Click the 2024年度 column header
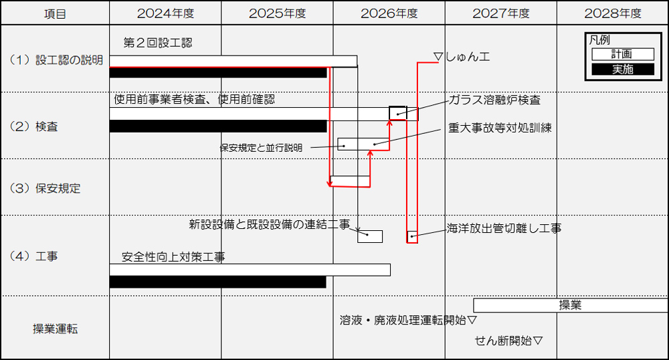(x=165, y=13)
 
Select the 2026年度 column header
(x=389, y=13)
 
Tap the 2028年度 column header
(x=613, y=13)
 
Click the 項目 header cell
(x=55, y=14)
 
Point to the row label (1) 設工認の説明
(x=56, y=60)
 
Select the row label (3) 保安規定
(x=45, y=188)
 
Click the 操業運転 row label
(x=56, y=329)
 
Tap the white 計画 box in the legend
(x=622, y=54)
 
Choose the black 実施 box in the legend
(x=622, y=69)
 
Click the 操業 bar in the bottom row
(x=571, y=305)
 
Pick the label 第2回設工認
(x=158, y=43)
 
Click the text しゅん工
(x=468, y=57)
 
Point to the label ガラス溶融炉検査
(x=495, y=100)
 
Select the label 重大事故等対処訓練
(x=500, y=128)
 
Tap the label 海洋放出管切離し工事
(x=504, y=229)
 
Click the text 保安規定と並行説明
(x=261, y=148)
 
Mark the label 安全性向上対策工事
(x=173, y=257)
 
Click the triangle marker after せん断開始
(x=538, y=341)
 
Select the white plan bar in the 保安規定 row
(x=351, y=181)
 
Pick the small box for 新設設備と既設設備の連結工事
(x=370, y=236)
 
